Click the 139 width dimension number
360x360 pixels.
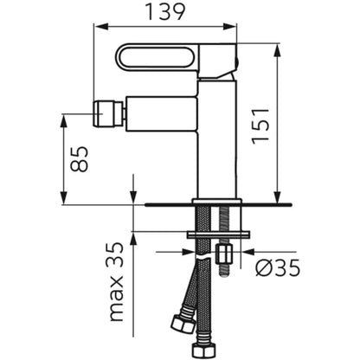coord(165,12)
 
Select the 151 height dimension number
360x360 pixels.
coord(260,126)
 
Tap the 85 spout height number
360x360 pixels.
coord(79,159)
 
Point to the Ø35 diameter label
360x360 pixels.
coord(278,268)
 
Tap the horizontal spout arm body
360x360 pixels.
coord(161,113)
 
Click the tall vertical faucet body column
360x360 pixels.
coord(216,139)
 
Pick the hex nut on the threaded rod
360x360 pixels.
coord(224,253)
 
